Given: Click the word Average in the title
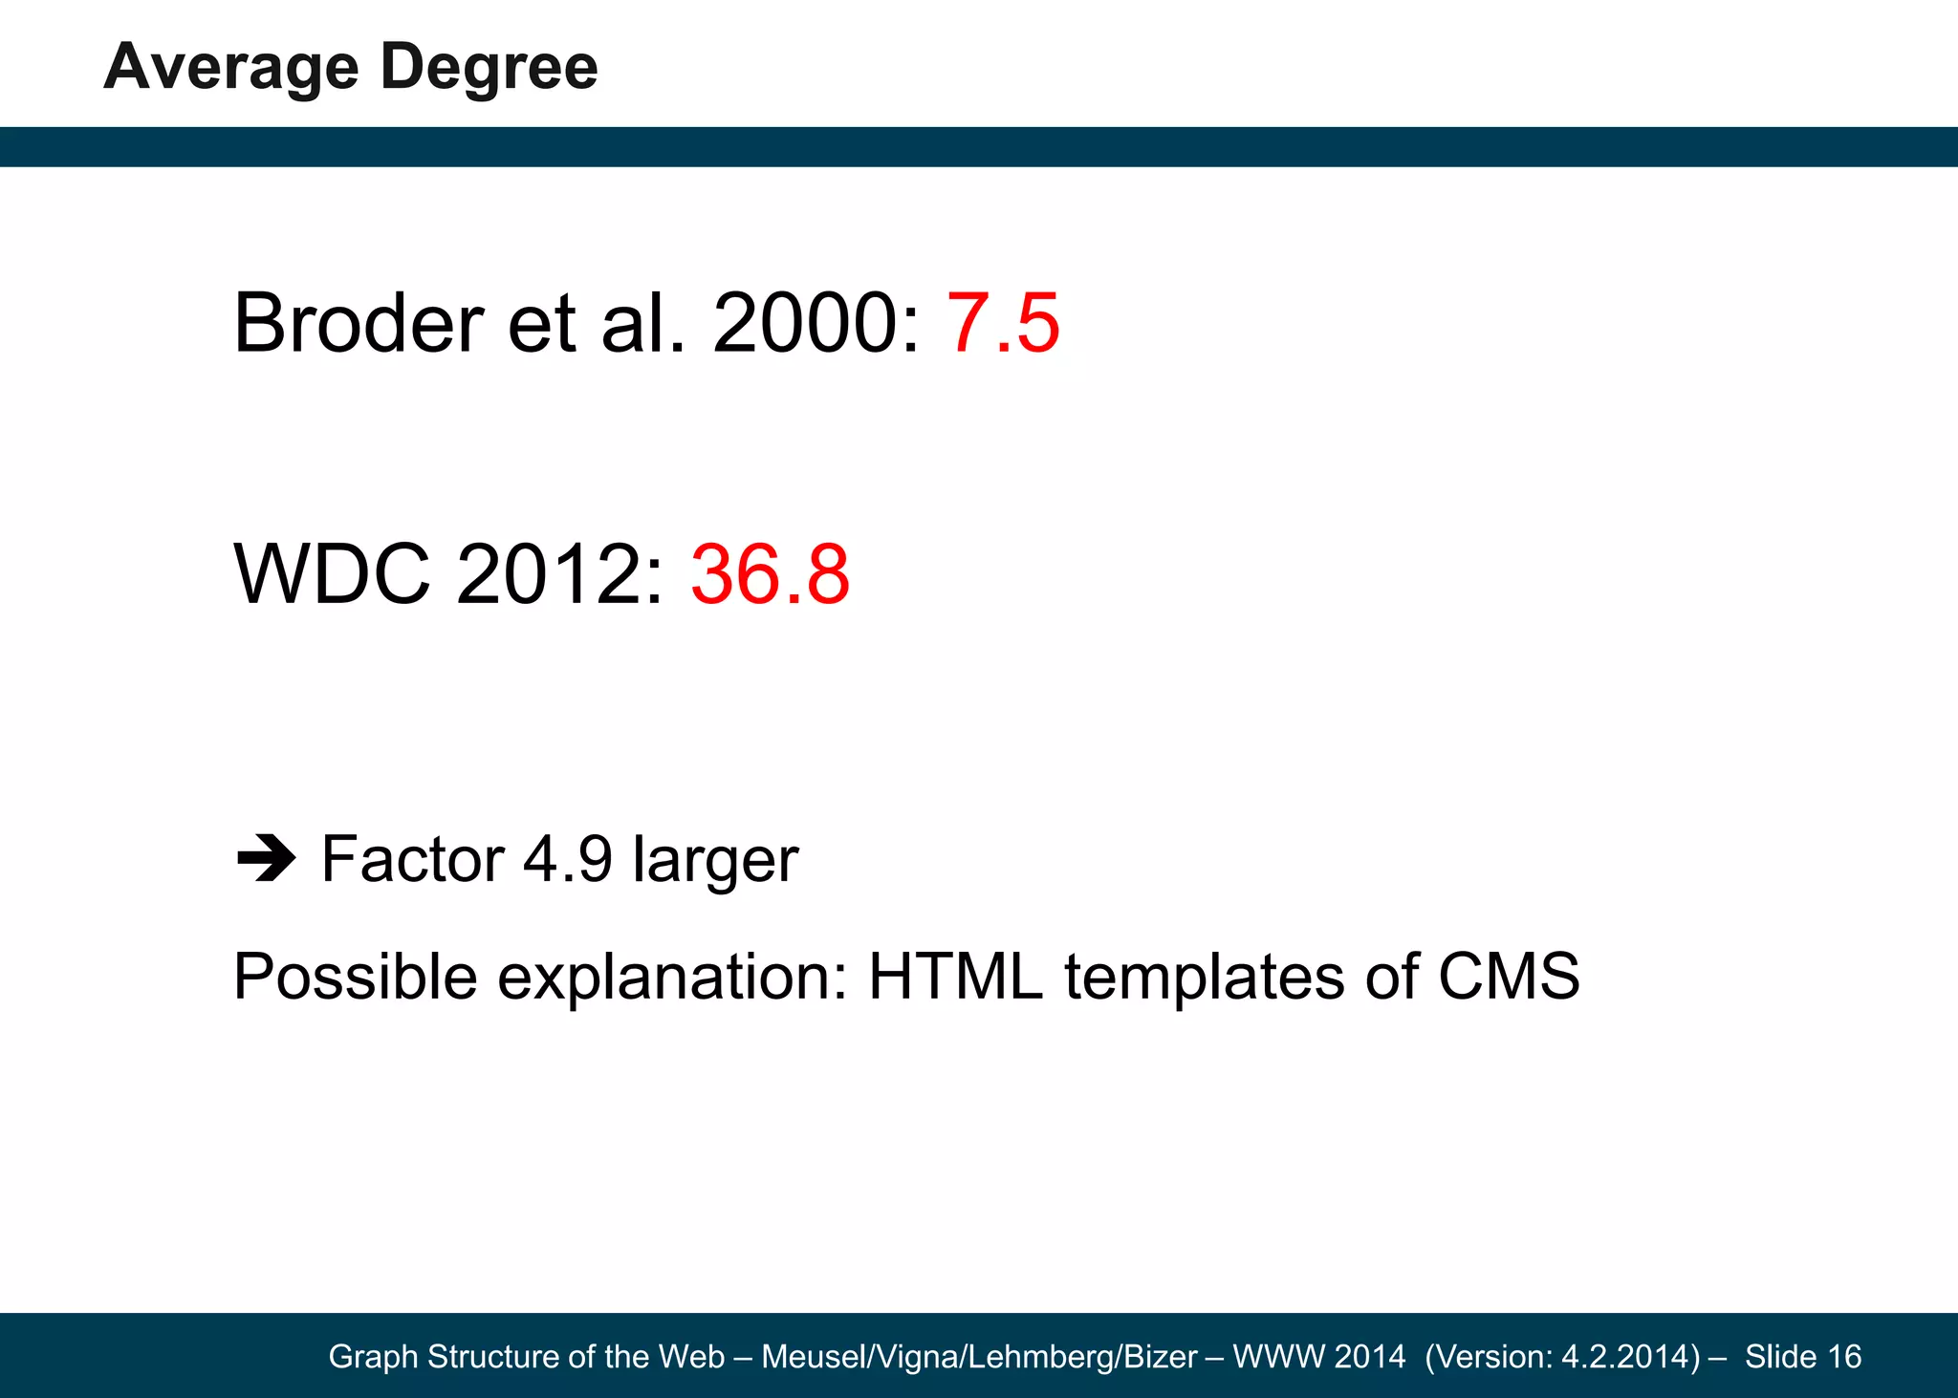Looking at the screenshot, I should pos(230,67).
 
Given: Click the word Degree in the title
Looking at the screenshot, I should pos(489,67).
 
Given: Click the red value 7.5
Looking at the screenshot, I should pos(1003,323).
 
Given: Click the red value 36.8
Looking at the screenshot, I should pos(770,574).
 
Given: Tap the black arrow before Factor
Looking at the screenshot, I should pos(266,858).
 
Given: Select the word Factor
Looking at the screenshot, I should pos(412,858).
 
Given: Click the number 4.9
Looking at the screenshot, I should pos(567,858).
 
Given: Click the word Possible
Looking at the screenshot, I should pos(355,977).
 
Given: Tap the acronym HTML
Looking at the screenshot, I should pos(955,977).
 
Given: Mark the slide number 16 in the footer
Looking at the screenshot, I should pos(1844,1357).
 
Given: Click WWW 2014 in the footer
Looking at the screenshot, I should pos(1318,1357).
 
